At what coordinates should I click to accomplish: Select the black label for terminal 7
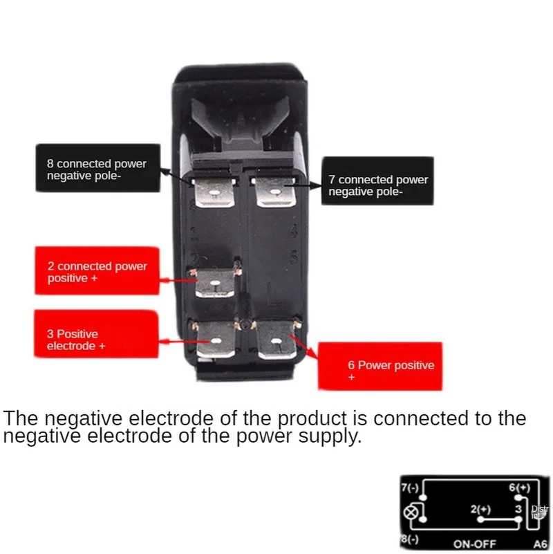pos(377,185)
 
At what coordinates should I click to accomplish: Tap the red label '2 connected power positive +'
pos(97,272)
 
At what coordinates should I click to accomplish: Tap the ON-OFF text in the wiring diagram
pos(475,544)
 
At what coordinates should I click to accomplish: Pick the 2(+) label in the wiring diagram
pos(480,509)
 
